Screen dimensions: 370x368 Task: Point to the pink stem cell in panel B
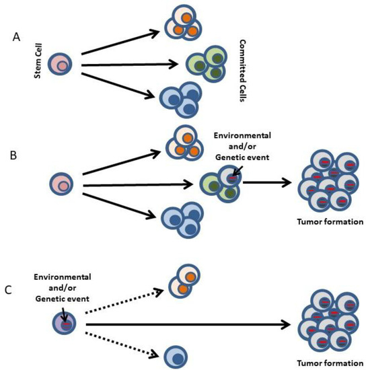(59, 182)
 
